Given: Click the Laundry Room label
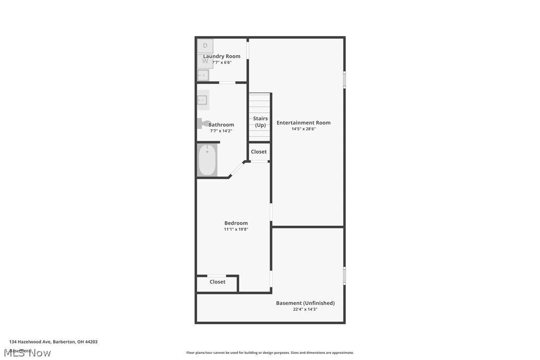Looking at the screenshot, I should [221, 56].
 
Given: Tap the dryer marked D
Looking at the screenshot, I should [205, 46].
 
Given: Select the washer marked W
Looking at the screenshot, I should [205, 62].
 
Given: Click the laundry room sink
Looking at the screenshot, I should [203, 76].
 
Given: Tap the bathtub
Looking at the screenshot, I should [207, 160].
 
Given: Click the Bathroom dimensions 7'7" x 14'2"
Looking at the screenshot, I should [221, 131].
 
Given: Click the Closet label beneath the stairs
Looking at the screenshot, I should [259, 152].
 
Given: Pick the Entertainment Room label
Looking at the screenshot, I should [303, 123].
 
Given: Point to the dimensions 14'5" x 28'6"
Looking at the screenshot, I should [303, 129].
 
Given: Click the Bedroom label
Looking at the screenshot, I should [236, 223].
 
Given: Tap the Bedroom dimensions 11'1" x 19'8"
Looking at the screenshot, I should [236, 229].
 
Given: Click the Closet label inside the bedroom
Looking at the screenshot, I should [217, 282].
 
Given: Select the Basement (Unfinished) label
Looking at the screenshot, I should [305, 303].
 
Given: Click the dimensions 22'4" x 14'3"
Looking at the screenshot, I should [305, 309].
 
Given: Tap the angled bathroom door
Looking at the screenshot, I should [237, 169].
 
